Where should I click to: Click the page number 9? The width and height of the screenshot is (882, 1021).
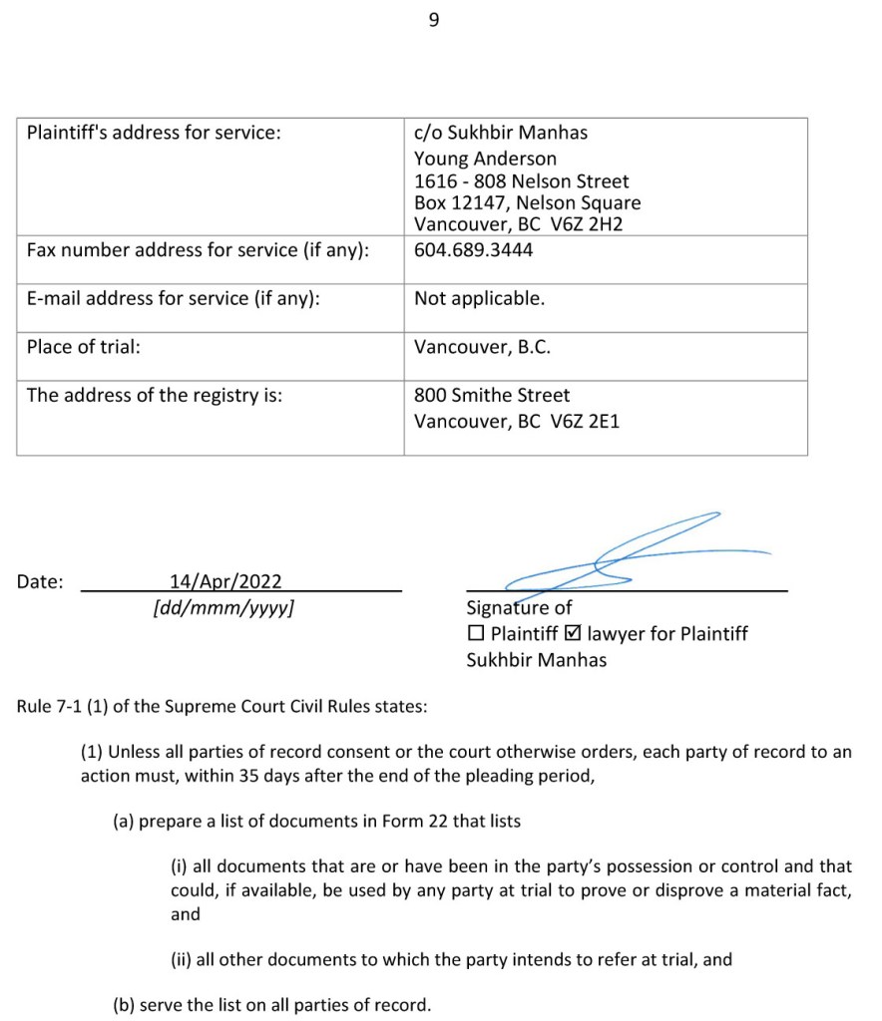[433, 20]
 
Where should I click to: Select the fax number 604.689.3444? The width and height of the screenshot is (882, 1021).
[473, 250]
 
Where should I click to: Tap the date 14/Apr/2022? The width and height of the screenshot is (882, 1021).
[225, 581]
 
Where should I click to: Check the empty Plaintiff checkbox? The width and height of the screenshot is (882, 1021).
[476, 633]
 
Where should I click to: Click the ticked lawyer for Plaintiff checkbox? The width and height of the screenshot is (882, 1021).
[573, 633]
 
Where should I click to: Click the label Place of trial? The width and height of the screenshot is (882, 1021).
[84, 347]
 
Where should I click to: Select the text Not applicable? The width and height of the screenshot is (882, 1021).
[479, 298]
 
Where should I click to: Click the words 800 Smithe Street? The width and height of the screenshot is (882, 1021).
[492, 395]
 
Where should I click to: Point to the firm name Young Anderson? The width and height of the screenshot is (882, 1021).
[485, 159]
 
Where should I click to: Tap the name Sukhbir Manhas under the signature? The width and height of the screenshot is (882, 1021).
[536, 659]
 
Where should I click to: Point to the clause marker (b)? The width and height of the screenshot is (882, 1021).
[124, 1004]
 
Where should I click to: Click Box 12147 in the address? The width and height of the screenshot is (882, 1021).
[459, 203]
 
